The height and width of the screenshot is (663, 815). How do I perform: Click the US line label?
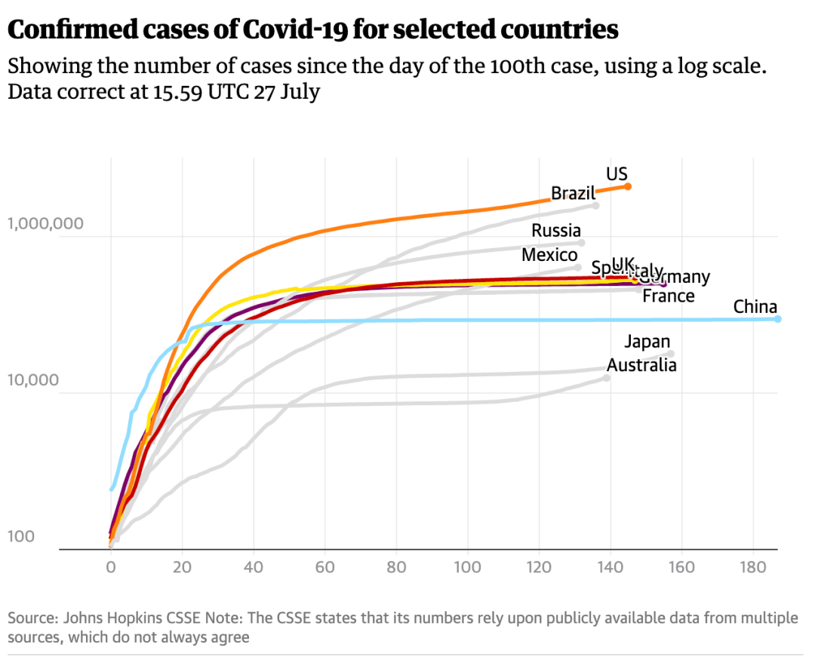[x=617, y=174]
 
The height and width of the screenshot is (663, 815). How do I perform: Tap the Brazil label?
[x=573, y=193]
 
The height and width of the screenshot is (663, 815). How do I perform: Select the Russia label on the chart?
[x=556, y=231]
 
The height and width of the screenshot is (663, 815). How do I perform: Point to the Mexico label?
[x=549, y=255]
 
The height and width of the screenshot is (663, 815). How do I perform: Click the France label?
[x=668, y=296]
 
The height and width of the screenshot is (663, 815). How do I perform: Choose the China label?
[x=755, y=307]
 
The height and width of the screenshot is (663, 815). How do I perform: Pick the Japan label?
[x=647, y=342]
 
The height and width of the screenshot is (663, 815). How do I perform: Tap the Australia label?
[x=641, y=366]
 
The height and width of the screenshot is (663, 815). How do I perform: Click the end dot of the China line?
[x=777, y=319]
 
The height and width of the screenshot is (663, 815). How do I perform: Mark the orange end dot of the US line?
[x=628, y=186]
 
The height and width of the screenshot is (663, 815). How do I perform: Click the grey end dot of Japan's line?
[x=670, y=354]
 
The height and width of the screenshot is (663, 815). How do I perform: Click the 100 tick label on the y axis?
[x=21, y=537]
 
